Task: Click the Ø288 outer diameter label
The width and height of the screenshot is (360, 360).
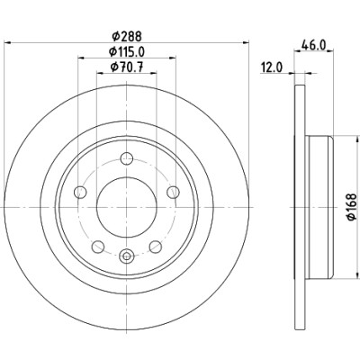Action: [126, 37]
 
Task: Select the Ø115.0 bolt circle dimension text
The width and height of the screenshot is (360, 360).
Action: [127, 52]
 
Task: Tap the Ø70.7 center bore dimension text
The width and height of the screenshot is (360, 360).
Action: [126, 67]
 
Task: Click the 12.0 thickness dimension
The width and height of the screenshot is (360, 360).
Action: [272, 67]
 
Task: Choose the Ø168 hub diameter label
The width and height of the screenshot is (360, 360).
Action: [352, 207]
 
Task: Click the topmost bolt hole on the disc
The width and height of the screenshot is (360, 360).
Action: [126, 158]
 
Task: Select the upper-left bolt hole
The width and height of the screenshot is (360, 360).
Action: [80, 192]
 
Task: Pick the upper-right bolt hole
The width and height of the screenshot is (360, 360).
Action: [173, 192]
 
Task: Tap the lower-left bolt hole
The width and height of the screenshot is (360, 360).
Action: [98, 247]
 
